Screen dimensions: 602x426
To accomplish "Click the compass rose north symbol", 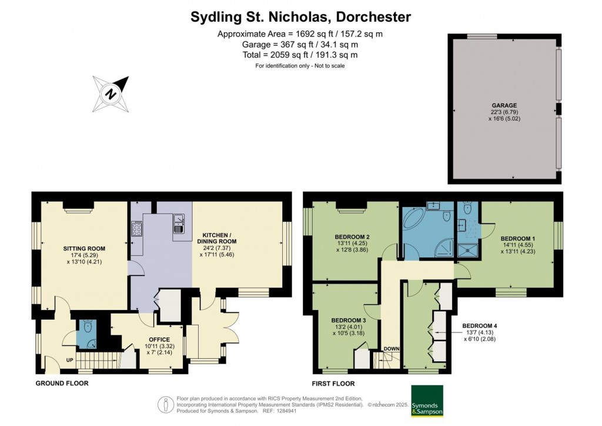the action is [111, 94].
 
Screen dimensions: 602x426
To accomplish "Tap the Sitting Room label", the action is [84, 248].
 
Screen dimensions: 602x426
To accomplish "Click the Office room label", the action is [159, 340].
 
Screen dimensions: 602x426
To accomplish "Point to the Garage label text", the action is [504, 105].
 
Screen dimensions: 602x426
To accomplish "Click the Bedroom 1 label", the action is [517, 238].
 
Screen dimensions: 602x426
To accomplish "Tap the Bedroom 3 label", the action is [348, 320].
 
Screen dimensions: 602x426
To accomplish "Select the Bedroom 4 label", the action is [480, 326].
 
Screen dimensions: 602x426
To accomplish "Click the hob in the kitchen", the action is [136, 228].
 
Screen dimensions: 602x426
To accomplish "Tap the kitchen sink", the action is [179, 224].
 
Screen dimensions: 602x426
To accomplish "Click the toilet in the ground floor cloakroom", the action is [88, 327].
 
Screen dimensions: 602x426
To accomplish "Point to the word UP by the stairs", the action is [69, 360].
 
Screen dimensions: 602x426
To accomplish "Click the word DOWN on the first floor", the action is [392, 349].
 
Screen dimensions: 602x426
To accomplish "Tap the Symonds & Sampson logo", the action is [427, 401].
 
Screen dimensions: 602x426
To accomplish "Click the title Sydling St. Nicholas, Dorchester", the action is [300, 17].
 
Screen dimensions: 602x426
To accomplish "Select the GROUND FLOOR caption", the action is [62, 384].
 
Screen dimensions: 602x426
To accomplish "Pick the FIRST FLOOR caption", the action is [333, 384].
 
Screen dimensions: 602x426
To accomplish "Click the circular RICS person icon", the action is [166, 405].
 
